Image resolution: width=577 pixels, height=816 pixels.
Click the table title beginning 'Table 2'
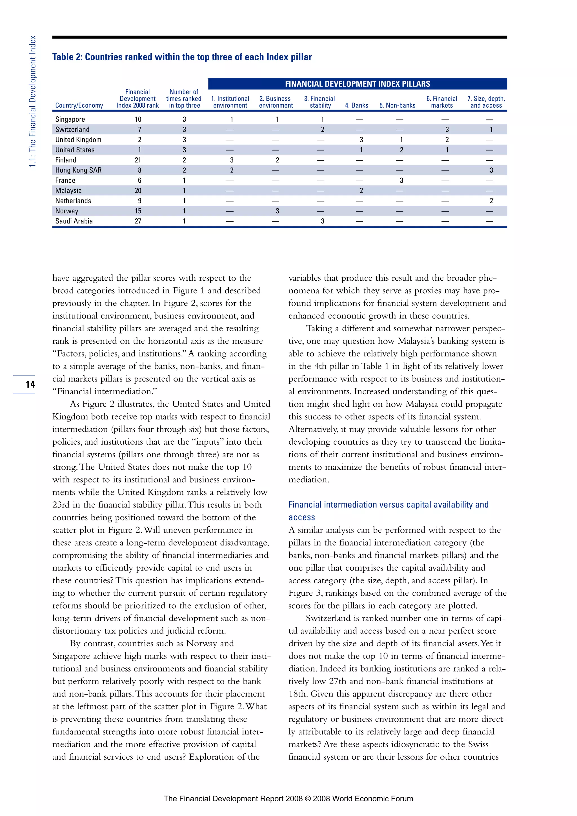[x=182, y=57]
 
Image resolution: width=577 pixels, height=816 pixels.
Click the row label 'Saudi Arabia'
[x=74, y=221]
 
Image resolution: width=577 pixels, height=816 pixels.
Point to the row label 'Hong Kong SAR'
[x=78, y=170]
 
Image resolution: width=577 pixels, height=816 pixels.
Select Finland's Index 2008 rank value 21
[x=138, y=160]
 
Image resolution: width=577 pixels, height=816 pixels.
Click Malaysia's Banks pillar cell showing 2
[x=361, y=190]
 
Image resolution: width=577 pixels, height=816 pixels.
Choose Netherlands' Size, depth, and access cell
[x=491, y=201]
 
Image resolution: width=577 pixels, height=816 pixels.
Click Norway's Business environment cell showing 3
[x=277, y=211]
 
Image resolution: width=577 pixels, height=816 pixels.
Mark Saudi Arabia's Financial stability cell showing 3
[x=322, y=221]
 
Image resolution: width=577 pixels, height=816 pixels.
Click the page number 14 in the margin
[x=30, y=384]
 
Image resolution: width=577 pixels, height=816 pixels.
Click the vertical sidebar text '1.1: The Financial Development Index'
[x=33, y=101]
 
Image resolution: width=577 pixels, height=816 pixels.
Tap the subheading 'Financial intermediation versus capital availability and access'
[x=388, y=511]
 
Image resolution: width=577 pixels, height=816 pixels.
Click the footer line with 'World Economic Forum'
[x=288, y=799]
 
